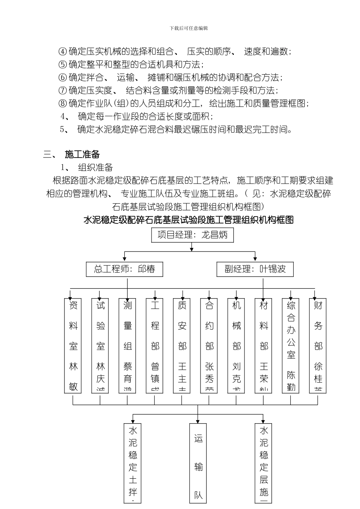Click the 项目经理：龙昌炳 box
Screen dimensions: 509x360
[193, 235]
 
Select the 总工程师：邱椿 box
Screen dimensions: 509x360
[125, 269]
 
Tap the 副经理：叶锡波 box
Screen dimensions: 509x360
[255, 269]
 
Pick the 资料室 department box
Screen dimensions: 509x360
[73, 345]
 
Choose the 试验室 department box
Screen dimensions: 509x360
[100, 345]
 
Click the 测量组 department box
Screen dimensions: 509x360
[128, 345]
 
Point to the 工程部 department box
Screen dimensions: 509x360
[155, 345]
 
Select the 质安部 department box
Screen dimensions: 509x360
[182, 345]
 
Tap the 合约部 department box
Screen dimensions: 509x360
[209, 345]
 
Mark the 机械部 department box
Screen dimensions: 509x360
[236, 345]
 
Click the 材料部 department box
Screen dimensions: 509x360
[264, 345]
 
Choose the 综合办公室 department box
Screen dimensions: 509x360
[291, 345]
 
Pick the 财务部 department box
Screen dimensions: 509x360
[318, 345]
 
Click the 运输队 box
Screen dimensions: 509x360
[199, 466]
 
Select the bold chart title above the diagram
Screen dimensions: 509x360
[188, 220]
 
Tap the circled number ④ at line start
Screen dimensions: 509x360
[63, 52]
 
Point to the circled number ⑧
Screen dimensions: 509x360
[63, 103]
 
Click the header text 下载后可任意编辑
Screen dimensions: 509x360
[189, 28]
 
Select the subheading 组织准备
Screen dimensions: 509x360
[95, 167]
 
